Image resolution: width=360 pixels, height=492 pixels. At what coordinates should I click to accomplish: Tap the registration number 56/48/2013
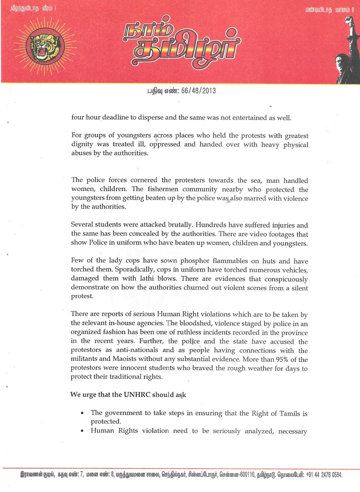tap(198, 91)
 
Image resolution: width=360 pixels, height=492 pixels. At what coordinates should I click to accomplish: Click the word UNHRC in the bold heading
tap(137, 395)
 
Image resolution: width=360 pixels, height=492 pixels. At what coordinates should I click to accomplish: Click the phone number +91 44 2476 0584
tap(324, 475)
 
